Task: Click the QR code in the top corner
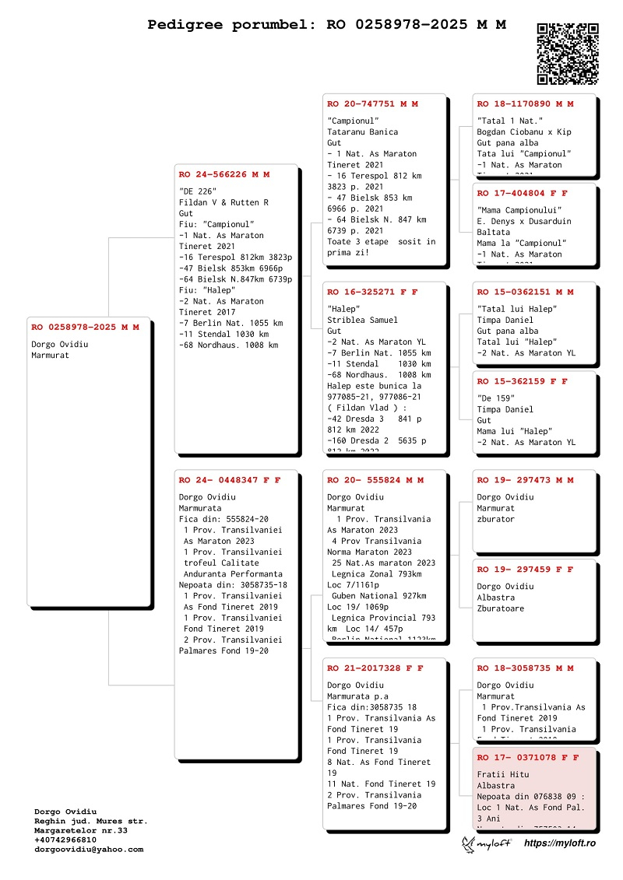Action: pyautogui.click(x=568, y=54)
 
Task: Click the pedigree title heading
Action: pyautogui.click(x=326, y=25)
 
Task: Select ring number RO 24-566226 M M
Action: pyautogui.click(x=224, y=175)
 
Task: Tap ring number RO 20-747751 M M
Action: pyautogui.click(x=372, y=104)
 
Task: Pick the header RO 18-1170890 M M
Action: pyautogui.click(x=525, y=104)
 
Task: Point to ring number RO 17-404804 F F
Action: pyautogui.click(x=522, y=193)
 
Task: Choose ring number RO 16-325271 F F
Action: pyautogui.click(x=372, y=293)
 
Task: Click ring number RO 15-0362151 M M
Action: pyautogui.click(x=525, y=293)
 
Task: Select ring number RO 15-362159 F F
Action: pyautogui.click(x=522, y=382)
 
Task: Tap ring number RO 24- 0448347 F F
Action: pyautogui.click(x=229, y=481)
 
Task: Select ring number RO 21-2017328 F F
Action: pyautogui.click(x=375, y=668)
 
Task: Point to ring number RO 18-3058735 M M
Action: pyautogui.click(x=525, y=668)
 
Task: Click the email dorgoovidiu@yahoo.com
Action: pyautogui.click(x=89, y=850)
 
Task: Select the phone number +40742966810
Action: pyautogui.click(x=65, y=840)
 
